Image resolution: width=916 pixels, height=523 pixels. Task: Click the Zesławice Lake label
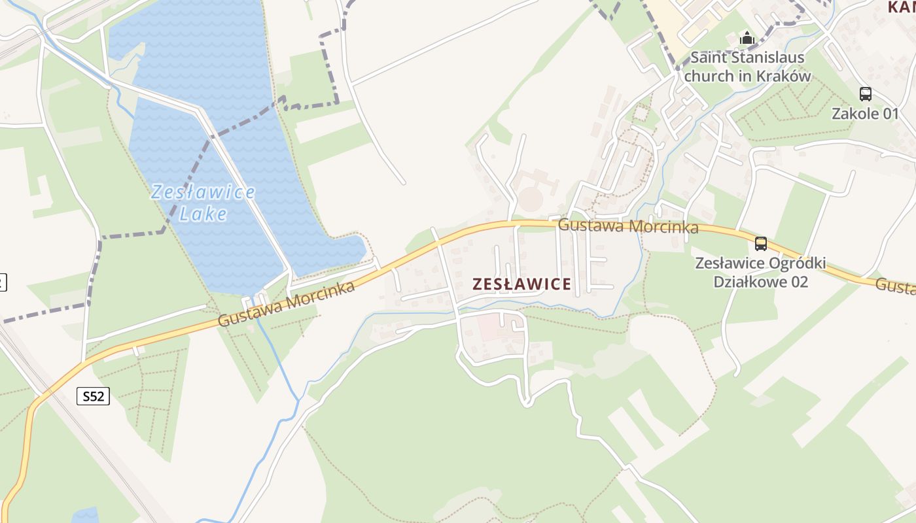click(x=202, y=203)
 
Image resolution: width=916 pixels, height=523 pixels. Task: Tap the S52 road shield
click(x=93, y=396)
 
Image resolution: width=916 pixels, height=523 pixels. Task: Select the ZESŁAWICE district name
click(x=521, y=284)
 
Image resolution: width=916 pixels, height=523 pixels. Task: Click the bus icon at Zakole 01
click(x=865, y=94)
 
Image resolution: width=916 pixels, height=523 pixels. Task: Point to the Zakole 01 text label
click(x=865, y=114)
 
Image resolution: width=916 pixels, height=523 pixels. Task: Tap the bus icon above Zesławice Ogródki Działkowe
click(x=760, y=244)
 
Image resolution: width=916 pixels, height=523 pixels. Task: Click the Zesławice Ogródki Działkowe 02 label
click(x=760, y=273)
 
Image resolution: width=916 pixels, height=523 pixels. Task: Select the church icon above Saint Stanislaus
click(x=747, y=39)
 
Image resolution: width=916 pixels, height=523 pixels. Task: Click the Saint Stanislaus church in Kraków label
click(x=747, y=66)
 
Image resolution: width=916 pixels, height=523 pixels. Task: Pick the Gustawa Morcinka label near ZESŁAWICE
click(x=628, y=226)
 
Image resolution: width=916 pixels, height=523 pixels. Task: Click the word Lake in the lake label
click(x=203, y=214)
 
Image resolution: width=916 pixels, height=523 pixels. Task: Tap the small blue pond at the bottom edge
click(x=85, y=515)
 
